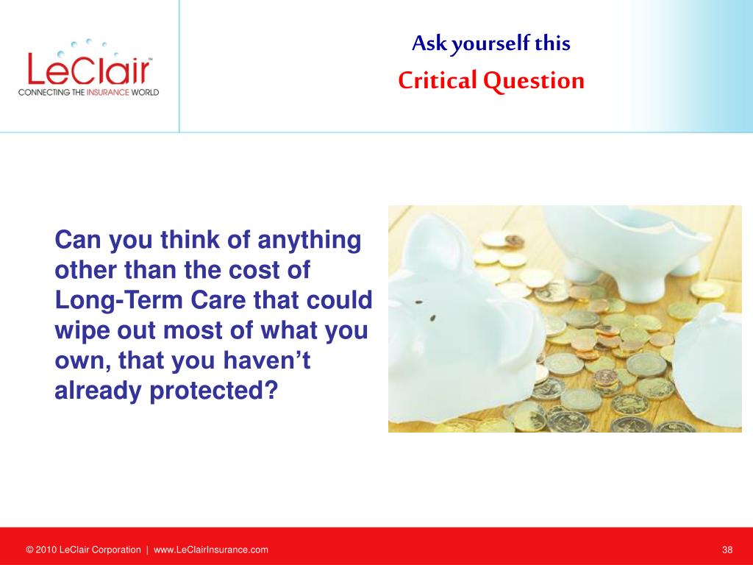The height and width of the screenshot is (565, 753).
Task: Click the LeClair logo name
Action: pyautogui.click(x=89, y=68)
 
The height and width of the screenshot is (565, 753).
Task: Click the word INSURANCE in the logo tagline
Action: pyautogui.click(x=107, y=92)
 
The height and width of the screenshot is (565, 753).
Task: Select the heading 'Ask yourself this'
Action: pyautogui.click(x=490, y=43)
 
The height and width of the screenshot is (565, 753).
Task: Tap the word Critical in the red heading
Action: pyautogui.click(x=438, y=80)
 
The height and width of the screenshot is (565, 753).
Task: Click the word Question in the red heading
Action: pyautogui.click(x=534, y=81)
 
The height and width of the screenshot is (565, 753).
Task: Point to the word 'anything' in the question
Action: pyautogui.click(x=310, y=241)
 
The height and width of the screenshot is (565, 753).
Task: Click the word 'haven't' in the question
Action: pyautogui.click(x=266, y=360)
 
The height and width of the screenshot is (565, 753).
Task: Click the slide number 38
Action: pyautogui.click(x=727, y=550)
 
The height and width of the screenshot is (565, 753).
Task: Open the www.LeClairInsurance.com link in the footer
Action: pyautogui.click(x=211, y=550)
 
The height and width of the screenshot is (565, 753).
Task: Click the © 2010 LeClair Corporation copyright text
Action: pyautogui.click(x=84, y=550)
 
